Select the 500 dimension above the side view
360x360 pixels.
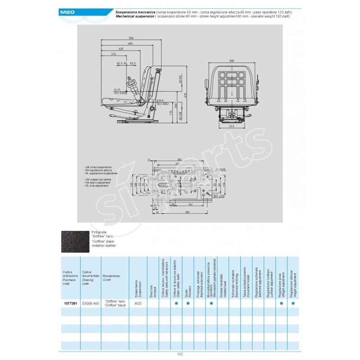(131, 37)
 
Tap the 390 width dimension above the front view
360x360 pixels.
(232, 60)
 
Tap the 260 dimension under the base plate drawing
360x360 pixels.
(180, 212)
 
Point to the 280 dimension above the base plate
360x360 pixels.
(179, 160)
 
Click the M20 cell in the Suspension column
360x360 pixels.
(138, 304)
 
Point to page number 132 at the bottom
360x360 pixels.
(180, 355)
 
